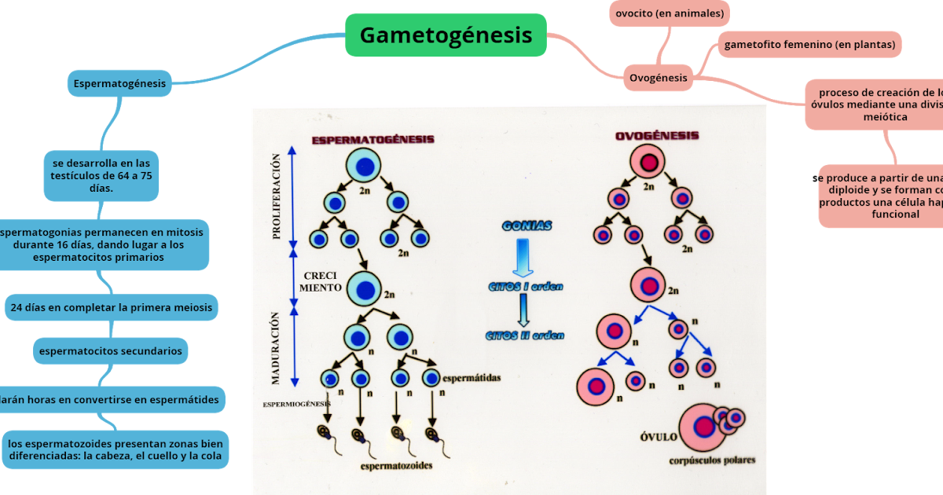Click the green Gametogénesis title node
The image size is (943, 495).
click(x=446, y=35)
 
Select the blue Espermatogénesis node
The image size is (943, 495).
click(x=119, y=82)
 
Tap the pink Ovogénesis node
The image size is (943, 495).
click(x=658, y=78)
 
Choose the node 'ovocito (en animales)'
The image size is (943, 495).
click(x=670, y=13)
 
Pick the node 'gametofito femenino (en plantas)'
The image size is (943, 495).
click(x=809, y=45)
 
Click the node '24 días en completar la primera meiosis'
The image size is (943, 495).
click(x=111, y=308)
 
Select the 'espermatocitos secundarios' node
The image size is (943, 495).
click(x=111, y=351)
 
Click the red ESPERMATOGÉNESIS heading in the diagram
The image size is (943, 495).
click(x=372, y=139)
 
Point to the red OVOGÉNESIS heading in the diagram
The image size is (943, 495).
click(x=656, y=136)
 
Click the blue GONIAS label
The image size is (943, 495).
click(x=527, y=226)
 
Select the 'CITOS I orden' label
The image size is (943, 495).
click(x=526, y=287)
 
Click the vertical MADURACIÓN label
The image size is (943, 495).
click(x=276, y=347)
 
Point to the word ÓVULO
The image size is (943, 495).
click(x=658, y=438)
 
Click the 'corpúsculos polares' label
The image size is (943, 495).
click(x=712, y=460)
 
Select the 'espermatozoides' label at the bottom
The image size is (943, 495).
click(x=396, y=466)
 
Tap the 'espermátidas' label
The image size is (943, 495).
click(x=472, y=377)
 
